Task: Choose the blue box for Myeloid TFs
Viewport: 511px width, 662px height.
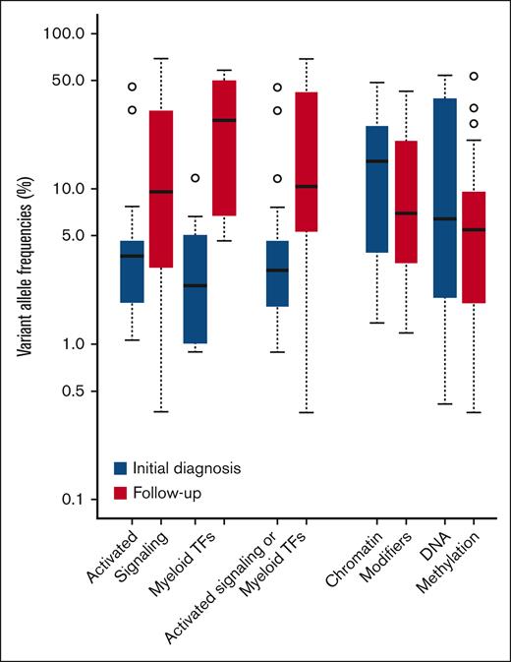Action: tap(196, 289)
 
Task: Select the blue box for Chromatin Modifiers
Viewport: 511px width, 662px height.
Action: tap(376, 189)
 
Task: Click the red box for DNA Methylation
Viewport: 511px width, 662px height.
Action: tap(474, 247)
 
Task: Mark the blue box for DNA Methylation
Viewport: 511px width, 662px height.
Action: tap(445, 198)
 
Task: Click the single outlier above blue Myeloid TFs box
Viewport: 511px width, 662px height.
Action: tap(196, 178)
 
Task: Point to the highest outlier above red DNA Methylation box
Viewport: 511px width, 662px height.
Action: tap(474, 76)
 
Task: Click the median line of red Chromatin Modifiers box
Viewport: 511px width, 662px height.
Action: tap(404, 213)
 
